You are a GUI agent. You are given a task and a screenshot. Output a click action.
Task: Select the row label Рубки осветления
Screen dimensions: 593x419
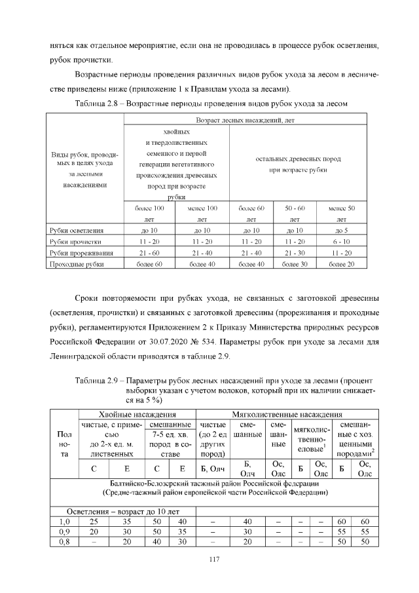[x=77, y=231]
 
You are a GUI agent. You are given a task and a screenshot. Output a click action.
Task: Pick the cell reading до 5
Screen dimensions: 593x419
[x=341, y=231]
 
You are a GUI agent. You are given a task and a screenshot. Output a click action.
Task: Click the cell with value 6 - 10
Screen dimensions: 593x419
[x=341, y=242]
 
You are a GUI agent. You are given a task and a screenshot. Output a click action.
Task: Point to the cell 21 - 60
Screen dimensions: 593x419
[x=149, y=253]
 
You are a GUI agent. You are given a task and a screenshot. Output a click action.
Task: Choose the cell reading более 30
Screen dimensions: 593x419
[x=295, y=264]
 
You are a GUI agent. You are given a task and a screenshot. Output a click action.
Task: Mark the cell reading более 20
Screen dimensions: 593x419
[x=341, y=264]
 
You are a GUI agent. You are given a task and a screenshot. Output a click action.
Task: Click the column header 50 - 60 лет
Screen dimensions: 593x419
[x=295, y=214]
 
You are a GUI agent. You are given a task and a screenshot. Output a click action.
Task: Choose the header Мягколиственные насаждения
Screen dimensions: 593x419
[x=288, y=414]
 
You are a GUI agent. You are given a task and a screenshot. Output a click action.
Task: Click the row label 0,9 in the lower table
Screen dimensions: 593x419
[x=63, y=532]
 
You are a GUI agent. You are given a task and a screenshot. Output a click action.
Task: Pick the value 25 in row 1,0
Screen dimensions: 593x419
[x=94, y=521]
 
